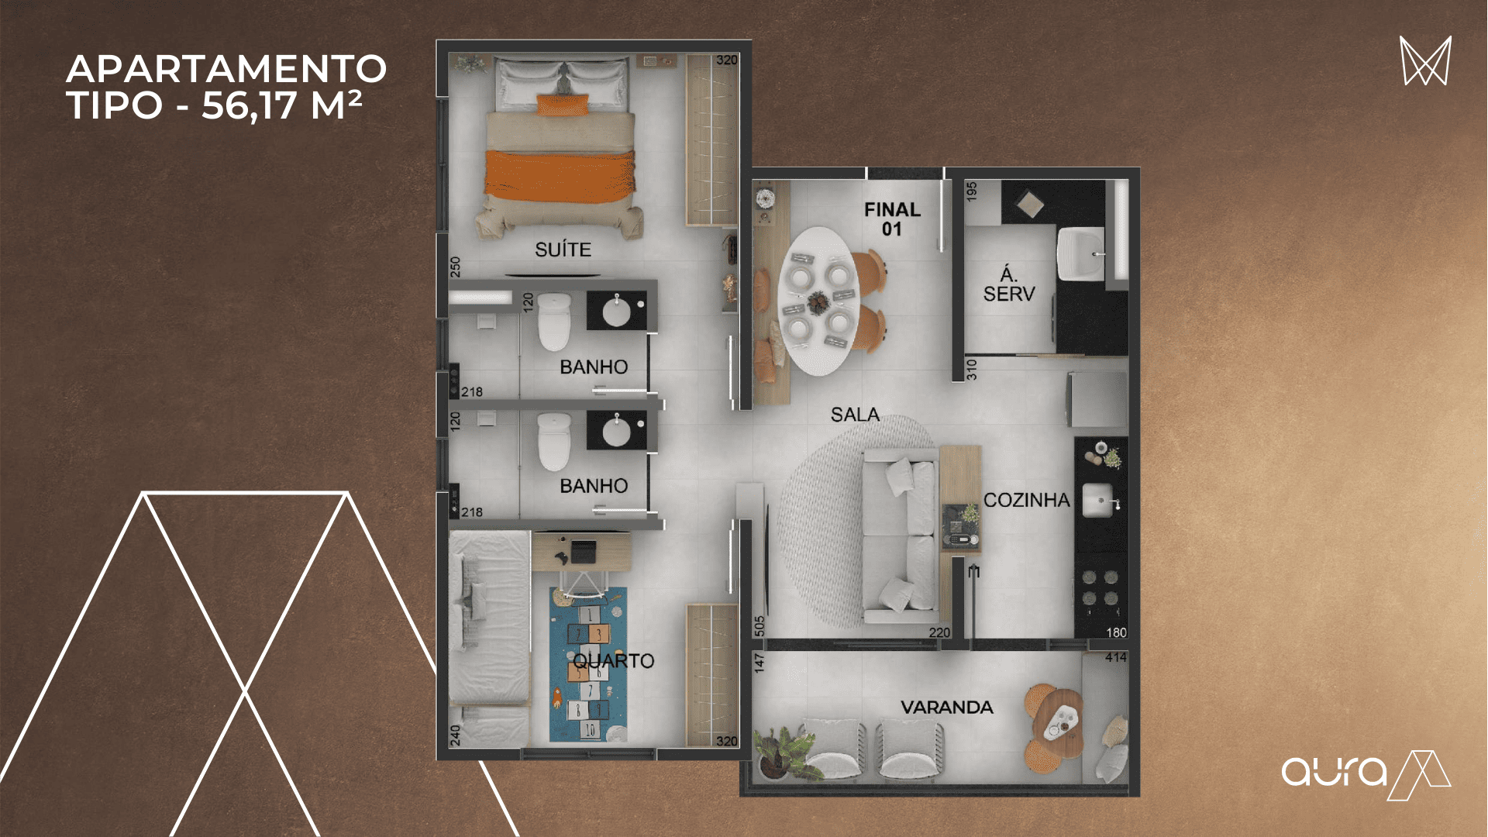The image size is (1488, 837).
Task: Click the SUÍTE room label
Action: tap(563, 250)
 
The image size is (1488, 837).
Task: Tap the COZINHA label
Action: tap(1026, 501)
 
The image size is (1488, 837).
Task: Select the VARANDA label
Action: tap(946, 707)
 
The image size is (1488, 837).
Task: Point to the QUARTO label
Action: tap(614, 661)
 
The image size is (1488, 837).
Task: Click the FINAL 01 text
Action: tap(892, 219)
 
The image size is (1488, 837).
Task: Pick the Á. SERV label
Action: tap(1008, 284)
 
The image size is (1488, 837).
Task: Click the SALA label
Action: tap(855, 415)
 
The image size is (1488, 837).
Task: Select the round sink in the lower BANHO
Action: tap(617, 432)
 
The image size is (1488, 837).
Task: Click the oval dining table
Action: tap(818, 301)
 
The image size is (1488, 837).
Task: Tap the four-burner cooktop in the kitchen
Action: tap(1100, 587)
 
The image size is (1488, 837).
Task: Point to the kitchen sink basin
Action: tap(1098, 501)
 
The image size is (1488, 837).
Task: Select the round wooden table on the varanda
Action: tap(1059, 725)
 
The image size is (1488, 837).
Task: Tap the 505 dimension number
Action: tap(759, 626)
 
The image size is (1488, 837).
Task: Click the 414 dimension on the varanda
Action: tap(1116, 658)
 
